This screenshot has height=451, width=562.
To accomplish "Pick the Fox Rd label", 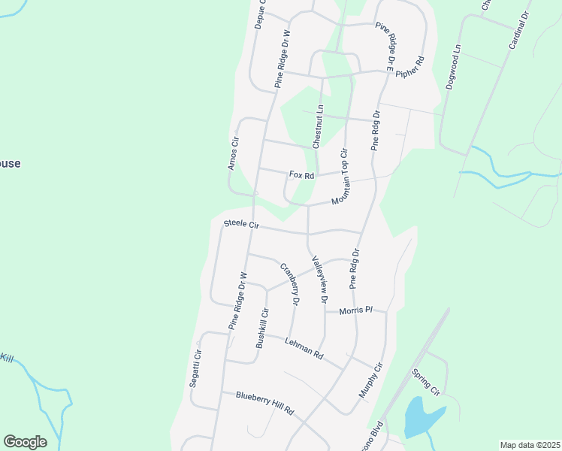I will coord(301,175).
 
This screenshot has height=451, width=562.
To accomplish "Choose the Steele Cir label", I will coord(241,224).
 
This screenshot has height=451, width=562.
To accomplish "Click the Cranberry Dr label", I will coord(289,284).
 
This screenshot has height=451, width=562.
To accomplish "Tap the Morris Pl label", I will coord(355,310).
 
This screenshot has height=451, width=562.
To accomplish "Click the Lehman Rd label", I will coord(304,347).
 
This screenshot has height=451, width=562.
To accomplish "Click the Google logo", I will coord(25,442).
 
